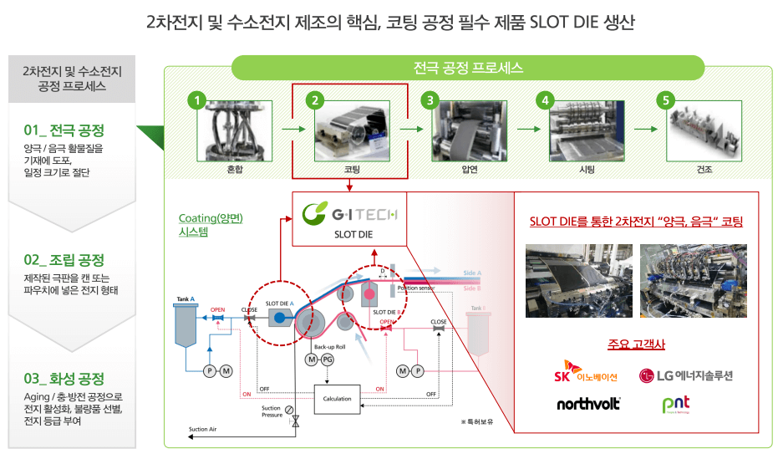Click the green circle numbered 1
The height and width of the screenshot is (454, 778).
click(x=196, y=101)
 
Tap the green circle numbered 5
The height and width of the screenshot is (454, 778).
click(x=666, y=101)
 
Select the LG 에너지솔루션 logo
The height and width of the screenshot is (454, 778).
click(x=685, y=375)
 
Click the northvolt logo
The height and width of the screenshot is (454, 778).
click(x=588, y=404)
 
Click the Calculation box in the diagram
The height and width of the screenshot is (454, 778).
click(x=337, y=398)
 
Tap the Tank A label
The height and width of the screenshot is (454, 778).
click(x=186, y=298)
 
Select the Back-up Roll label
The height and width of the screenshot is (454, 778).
click(x=329, y=346)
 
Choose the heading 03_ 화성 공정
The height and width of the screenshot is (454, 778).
click(x=64, y=378)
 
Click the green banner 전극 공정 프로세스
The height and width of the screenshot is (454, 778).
click(x=468, y=68)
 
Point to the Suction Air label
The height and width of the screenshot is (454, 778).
click(x=203, y=429)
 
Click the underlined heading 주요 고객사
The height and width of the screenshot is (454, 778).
click(x=636, y=344)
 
